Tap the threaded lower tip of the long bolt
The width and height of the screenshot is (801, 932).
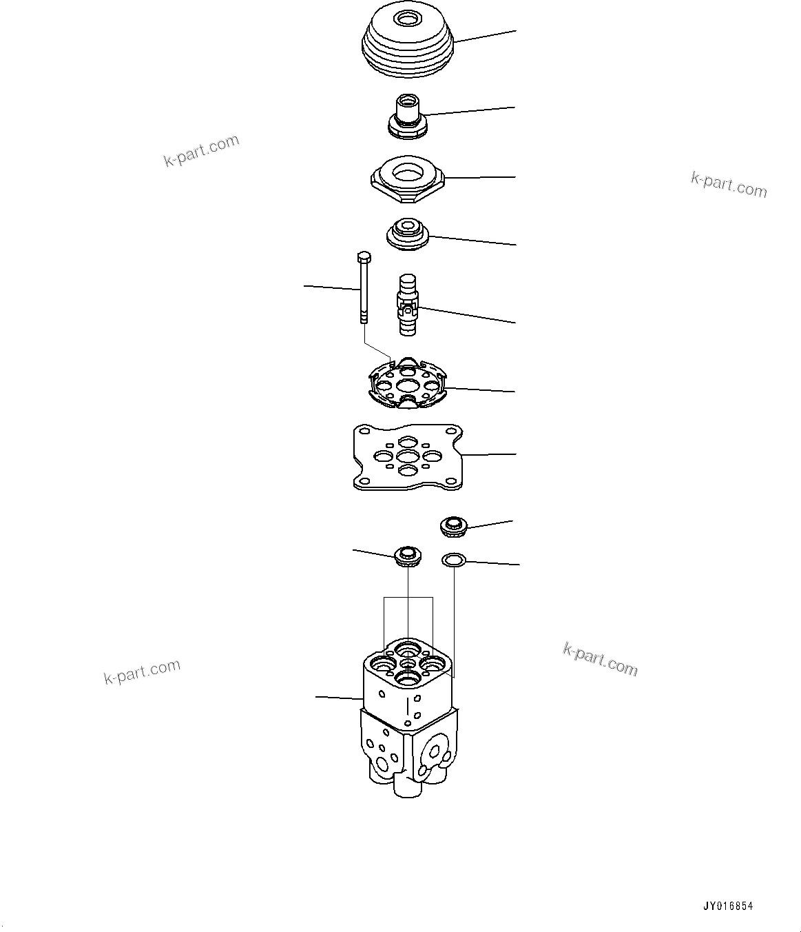[363, 318]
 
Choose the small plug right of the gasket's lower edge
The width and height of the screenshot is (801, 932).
[453, 527]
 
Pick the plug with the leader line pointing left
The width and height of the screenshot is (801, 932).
[407, 555]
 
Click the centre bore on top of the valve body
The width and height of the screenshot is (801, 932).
[408, 665]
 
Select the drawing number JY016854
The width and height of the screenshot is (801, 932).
[728, 906]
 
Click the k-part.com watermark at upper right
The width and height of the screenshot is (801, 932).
[729, 184]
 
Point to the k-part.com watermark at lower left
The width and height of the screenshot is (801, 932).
[142, 671]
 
